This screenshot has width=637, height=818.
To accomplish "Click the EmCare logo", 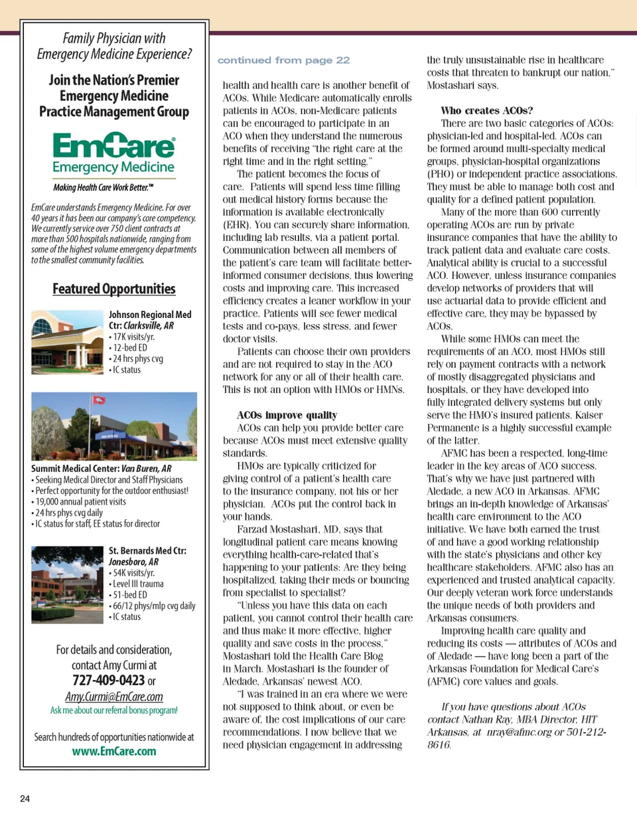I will pyautogui.click(x=113, y=153).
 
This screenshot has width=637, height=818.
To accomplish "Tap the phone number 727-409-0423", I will pyautogui.click(x=109, y=681).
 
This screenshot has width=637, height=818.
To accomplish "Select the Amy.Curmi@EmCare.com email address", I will pyautogui.click(x=114, y=696).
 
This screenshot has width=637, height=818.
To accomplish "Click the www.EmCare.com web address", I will pyautogui.click(x=114, y=751).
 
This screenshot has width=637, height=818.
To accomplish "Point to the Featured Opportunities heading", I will pyautogui.click(x=114, y=289).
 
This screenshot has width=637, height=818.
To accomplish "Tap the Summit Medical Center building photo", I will pyautogui.click(x=114, y=425).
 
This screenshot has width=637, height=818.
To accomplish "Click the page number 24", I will pyautogui.click(x=25, y=798).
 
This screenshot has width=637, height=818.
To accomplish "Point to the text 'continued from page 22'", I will pyautogui.click(x=283, y=60).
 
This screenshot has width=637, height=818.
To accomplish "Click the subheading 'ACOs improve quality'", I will pyautogui.click(x=287, y=415).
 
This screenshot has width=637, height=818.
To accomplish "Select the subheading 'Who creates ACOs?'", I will pyautogui.click(x=487, y=110).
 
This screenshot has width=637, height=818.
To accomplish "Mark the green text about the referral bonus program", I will pyautogui.click(x=114, y=710).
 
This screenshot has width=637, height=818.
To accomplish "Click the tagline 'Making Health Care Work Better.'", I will pyautogui.click(x=104, y=187).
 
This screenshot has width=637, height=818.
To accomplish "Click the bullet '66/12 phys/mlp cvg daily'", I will pyautogui.click(x=152, y=606).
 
